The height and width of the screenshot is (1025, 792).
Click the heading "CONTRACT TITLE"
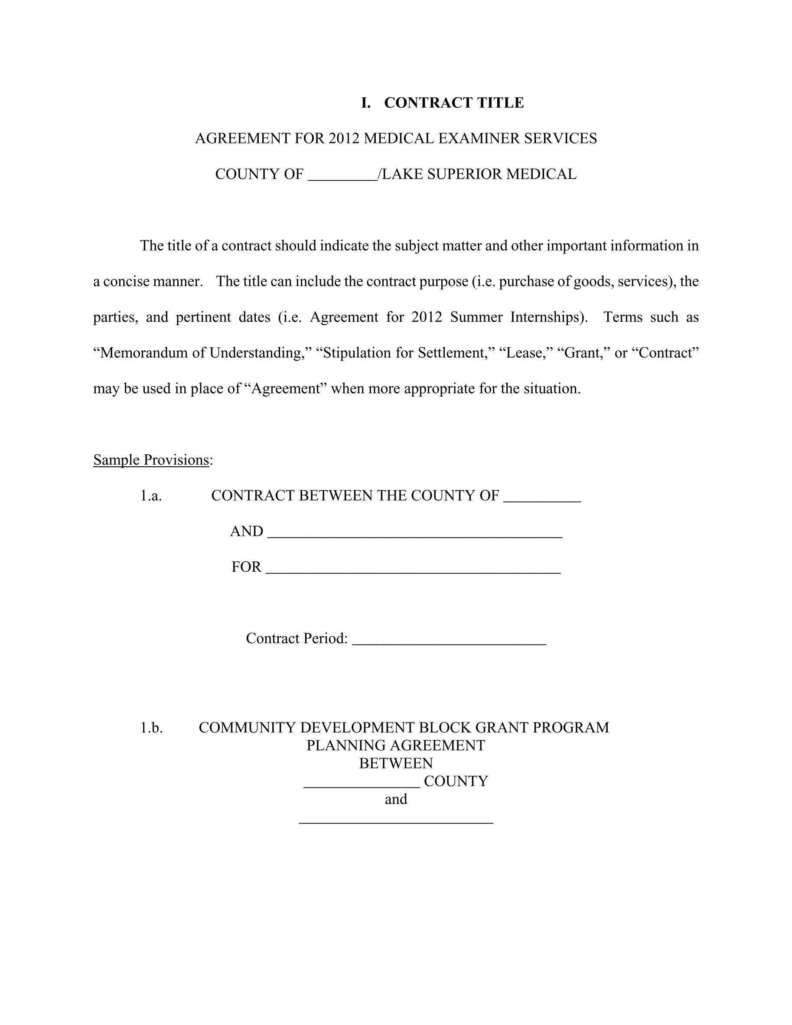pos(453,103)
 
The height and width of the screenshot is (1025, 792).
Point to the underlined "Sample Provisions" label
pos(151,460)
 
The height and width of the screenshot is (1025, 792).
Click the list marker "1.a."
pos(151,496)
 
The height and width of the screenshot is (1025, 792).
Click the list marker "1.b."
pos(151,727)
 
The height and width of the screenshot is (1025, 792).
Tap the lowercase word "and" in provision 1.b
pos(396,799)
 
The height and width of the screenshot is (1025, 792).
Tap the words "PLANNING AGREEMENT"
pos(396,745)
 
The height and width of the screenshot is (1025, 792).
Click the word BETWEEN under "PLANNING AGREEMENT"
pos(396,763)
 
